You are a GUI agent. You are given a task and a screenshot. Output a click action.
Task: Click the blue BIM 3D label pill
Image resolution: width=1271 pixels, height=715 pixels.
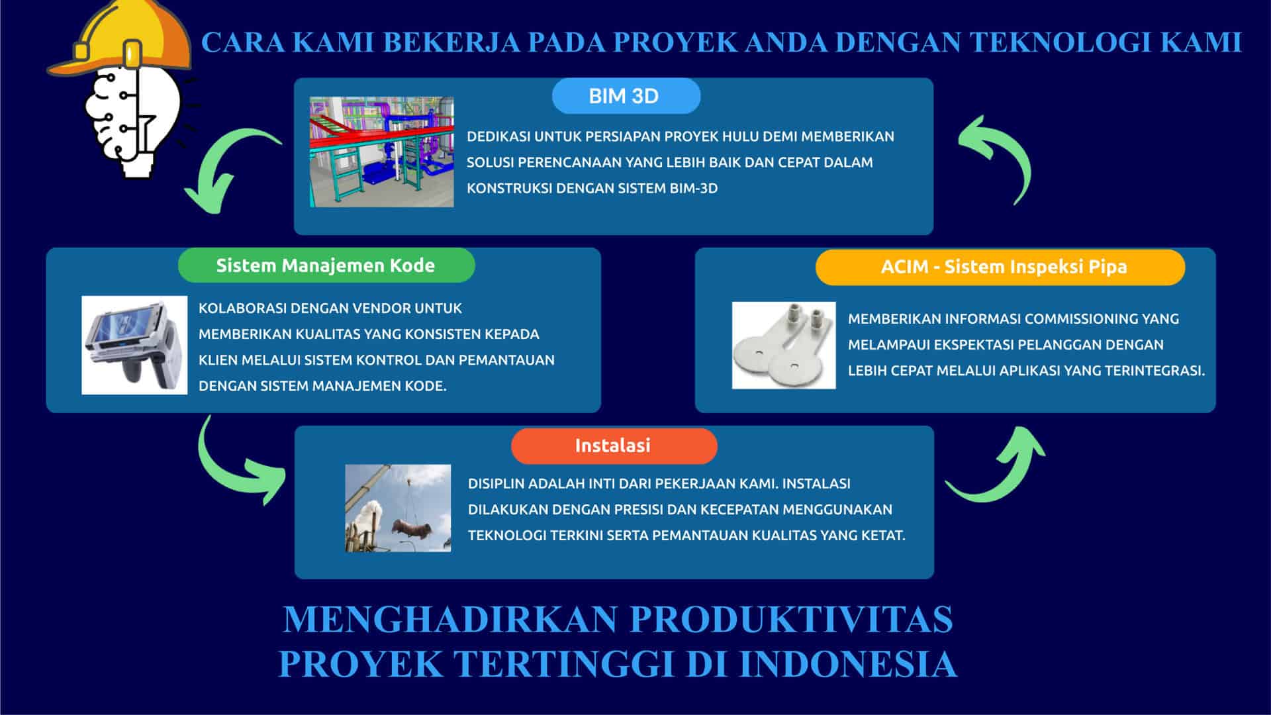pos(626,96)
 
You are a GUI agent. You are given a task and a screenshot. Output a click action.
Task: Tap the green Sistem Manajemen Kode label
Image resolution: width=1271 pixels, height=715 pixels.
pos(326,265)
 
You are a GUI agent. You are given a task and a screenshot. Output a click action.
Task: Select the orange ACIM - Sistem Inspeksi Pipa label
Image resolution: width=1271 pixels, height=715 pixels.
pos(1000,267)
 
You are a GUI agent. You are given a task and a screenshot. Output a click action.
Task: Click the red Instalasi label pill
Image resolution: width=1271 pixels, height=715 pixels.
pos(614,446)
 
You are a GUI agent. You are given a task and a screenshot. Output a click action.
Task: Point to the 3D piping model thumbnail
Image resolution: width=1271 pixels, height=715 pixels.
pos(382,152)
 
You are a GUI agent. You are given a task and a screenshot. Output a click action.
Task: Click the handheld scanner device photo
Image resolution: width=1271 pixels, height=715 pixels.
pos(134,345)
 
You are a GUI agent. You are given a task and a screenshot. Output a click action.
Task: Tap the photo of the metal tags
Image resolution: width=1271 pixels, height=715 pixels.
pos(784,345)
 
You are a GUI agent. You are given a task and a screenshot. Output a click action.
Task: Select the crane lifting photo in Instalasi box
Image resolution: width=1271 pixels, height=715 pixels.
pos(398,508)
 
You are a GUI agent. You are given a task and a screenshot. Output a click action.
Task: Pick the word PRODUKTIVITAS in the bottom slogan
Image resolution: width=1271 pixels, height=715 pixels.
pos(791,620)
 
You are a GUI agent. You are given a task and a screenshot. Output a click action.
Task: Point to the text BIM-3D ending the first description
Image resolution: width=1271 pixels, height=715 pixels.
pos(694,189)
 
